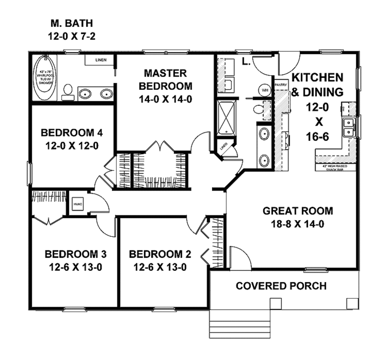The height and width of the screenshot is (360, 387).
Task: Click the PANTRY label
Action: (x=282, y=85)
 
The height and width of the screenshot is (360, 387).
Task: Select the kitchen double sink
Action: (x=348, y=127)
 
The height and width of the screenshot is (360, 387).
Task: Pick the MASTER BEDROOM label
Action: (x=165, y=79)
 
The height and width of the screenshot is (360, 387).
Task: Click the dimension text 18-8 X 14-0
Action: (x=298, y=224)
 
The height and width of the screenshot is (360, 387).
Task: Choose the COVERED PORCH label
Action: (x=281, y=286)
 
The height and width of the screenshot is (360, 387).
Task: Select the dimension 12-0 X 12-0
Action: (x=72, y=146)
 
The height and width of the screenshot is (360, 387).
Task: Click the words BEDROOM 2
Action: (x=160, y=254)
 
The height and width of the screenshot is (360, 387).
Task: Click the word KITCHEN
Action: (x=318, y=77)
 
